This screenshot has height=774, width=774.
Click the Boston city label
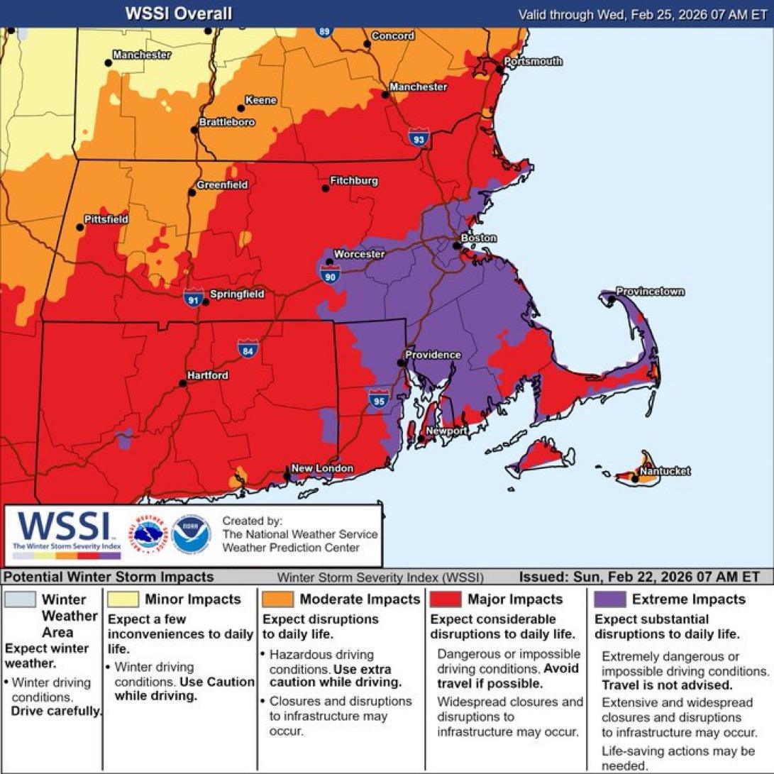coord(479,238)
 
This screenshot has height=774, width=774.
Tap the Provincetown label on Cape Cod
coord(640,292)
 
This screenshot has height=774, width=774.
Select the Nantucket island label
coord(665,471)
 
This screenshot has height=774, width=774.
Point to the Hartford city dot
coord(182,383)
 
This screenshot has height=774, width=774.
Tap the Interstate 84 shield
coord(247,348)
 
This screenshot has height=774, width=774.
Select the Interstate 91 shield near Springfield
coord(193,298)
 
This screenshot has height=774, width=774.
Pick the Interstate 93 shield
coord(418,139)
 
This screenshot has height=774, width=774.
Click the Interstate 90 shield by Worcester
coord(330,276)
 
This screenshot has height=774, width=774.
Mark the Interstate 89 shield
coord(324,31)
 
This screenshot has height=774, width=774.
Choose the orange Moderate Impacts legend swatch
coord(277,599)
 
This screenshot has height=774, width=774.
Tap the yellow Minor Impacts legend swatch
coord(123,599)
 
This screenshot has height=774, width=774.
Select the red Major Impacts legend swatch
coord(445,599)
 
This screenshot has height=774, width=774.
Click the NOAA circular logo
coord(191,534)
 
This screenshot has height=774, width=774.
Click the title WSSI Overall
coord(178,13)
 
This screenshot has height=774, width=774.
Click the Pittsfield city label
coord(106,219)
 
